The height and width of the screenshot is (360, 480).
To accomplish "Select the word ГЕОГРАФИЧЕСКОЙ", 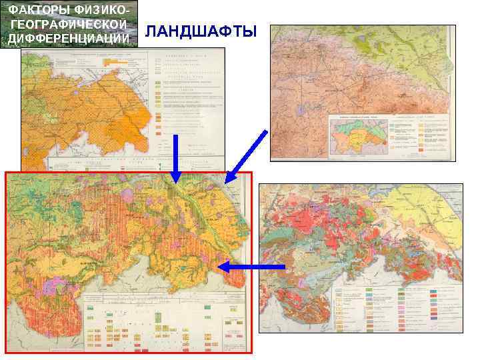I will point(69,23).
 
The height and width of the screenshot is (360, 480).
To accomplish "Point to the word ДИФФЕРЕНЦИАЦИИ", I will point(69,38).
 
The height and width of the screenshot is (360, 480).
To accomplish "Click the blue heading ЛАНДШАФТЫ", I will point(201,32).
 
